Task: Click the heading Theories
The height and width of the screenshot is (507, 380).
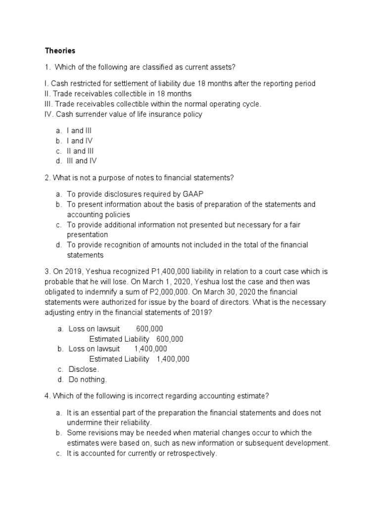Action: pyautogui.click(x=60, y=51)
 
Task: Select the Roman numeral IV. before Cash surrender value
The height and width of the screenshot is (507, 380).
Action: pyautogui.click(x=49, y=114)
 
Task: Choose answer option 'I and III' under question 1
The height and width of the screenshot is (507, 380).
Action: pyautogui.click(x=79, y=131)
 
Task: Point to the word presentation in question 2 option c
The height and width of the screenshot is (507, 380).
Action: pyautogui.click(x=87, y=235)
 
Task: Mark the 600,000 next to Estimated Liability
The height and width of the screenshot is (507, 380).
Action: pyautogui.click(x=170, y=339)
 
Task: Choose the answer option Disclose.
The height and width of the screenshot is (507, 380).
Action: pyautogui.click(x=83, y=369)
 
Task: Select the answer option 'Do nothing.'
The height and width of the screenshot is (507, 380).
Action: pyautogui.click(x=87, y=380)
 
